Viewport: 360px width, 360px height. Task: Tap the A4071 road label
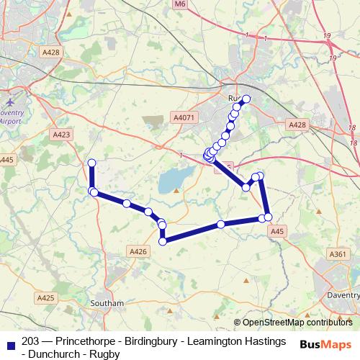184,117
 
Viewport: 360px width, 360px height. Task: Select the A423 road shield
61,135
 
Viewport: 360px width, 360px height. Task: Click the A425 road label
45,297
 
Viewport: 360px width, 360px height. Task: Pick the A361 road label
337,254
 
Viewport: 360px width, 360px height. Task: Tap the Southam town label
107,304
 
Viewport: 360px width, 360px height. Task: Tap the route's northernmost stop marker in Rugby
246,99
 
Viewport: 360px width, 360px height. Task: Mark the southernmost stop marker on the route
163,241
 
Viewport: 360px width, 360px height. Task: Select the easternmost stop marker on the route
268,217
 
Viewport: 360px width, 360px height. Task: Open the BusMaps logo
325,344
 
